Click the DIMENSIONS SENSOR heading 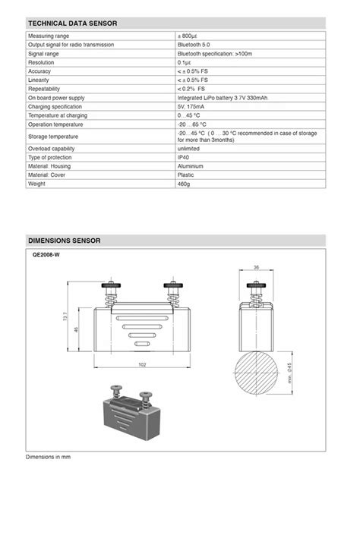65,241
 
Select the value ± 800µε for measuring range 189,36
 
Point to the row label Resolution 41,63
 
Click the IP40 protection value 185,157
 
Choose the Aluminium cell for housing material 191,165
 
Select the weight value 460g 185,184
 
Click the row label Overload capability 52,149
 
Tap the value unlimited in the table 189,149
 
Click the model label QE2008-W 46,255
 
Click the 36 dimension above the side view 256,268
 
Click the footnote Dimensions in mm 48,457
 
